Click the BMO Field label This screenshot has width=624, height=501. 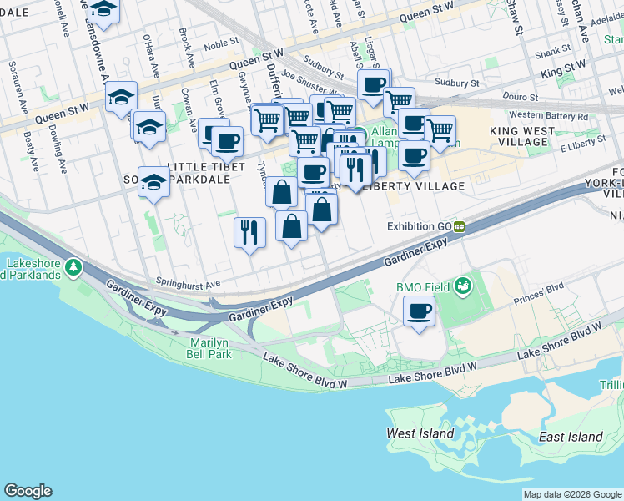423,287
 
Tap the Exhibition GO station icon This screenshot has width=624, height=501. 460,226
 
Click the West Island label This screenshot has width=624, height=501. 420,433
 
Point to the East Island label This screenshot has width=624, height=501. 571,437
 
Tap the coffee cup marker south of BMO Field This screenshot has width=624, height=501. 419,312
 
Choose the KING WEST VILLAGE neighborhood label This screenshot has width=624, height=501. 518,137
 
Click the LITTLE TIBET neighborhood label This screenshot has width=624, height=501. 206,167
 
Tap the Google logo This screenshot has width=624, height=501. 28,491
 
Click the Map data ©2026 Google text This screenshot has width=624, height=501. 571,494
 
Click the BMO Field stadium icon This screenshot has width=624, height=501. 462,287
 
